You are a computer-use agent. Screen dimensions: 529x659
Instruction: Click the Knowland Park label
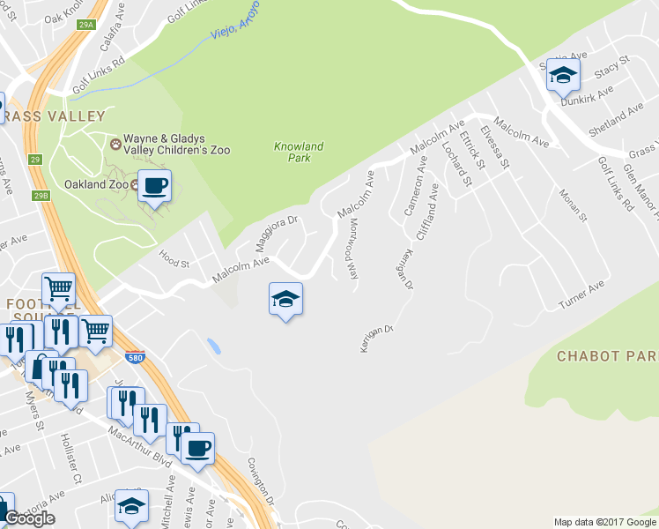click(299, 153)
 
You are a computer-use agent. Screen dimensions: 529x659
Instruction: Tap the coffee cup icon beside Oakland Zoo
click(156, 186)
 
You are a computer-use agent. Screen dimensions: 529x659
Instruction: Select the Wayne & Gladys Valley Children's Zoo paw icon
click(115, 143)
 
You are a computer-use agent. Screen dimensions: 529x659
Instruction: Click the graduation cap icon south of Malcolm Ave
click(285, 299)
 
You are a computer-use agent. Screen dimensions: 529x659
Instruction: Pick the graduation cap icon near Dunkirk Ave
click(562, 76)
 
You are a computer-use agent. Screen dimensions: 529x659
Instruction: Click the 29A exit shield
click(85, 26)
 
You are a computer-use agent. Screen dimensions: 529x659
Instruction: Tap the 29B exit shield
click(41, 195)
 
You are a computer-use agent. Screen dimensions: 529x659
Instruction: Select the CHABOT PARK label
click(607, 356)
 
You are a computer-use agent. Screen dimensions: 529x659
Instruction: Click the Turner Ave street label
click(582, 297)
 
